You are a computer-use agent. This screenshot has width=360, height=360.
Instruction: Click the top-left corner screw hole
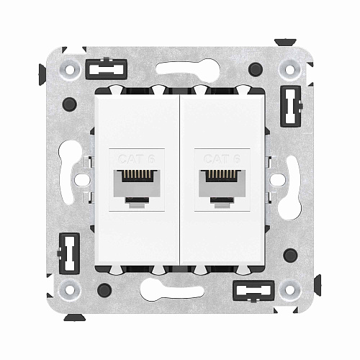pyautogui.click(x=70, y=71)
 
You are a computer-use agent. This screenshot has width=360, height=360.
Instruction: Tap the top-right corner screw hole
pyautogui.click(x=290, y=71)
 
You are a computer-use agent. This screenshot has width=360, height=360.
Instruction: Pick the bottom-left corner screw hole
pyautogui.click(x=70, y=290)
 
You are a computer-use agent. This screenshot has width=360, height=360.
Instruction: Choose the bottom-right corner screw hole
pyautogui.click(x=290, y=290)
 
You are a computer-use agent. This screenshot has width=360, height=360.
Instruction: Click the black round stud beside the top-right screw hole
pyautogui.click(x=256, y=70)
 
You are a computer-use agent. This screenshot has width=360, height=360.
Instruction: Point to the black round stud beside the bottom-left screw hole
pyautogui.click(x=104, y=291)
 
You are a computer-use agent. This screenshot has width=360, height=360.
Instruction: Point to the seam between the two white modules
pyautogui.click(x=180, y=180)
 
